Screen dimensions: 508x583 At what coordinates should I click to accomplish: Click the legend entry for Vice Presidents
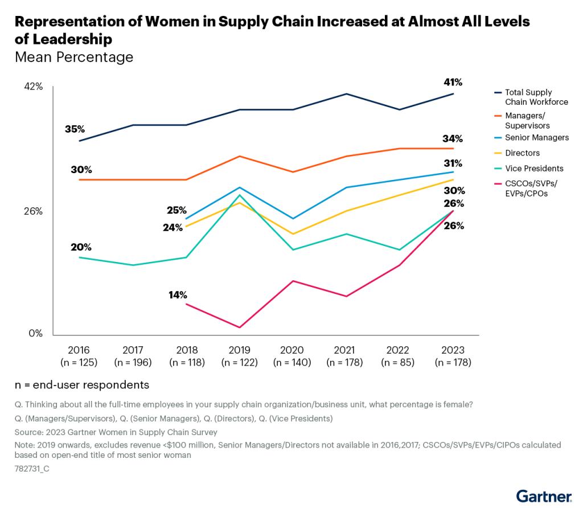[534, 169]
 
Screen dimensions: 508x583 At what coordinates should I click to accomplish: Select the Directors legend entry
[522, 153]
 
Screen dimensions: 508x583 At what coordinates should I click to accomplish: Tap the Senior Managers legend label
[537, 138]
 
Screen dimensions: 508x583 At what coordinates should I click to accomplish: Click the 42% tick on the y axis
[33, 87]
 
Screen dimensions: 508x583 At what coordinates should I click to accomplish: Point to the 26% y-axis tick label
[33, 211]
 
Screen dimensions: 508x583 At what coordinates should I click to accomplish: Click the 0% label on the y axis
[36, 334]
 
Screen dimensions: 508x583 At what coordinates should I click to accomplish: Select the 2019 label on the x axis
[240, 350]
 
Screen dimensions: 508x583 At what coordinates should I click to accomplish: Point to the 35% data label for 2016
[75, 129]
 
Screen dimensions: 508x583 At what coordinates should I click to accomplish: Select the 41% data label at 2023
[453, 83]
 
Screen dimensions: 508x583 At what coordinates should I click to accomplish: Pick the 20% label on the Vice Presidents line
[81, 247]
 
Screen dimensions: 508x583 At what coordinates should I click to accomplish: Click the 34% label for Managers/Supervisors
[453, 139]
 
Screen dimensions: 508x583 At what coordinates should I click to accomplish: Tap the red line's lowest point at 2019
[240, 327]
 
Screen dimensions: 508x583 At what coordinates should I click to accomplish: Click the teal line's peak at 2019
[240, 195]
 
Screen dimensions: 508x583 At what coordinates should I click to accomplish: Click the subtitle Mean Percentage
[74, 58]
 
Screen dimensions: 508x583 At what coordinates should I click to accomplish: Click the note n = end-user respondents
[82, 385]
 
